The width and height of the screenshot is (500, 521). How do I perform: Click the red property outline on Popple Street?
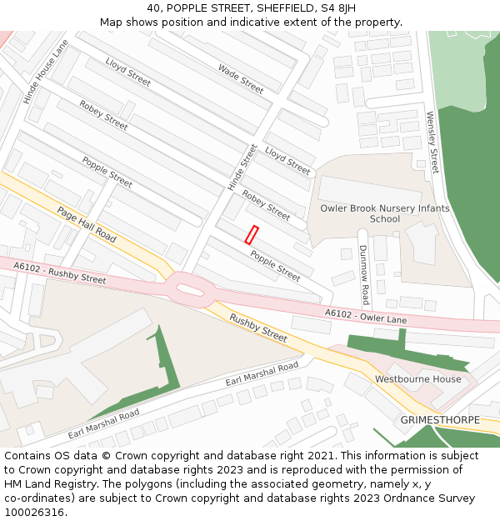(x=252, y=235)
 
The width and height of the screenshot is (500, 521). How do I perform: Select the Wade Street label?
(x=241, y=78)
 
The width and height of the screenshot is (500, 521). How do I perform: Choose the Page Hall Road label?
(x=87, y=223)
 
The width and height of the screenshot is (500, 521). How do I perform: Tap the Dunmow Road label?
(x=364, y=274)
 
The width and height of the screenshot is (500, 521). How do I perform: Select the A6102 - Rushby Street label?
(x=60, y=272)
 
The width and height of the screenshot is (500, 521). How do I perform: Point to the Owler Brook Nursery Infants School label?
(x=385, y=213)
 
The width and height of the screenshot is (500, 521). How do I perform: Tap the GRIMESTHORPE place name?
(x=440, y=419)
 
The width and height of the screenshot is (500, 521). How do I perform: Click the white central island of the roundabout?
(x=191, y=288)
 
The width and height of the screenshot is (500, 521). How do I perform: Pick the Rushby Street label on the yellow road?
(x=258, y=328)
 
